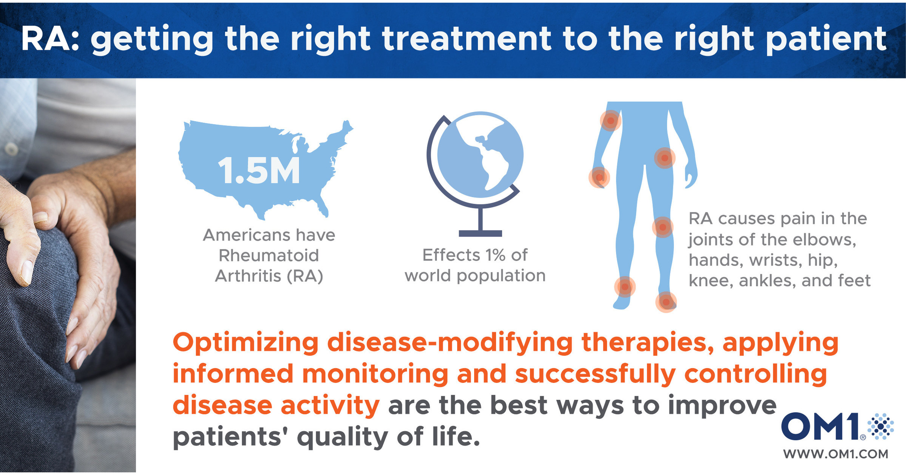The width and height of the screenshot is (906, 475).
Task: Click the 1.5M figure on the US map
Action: (259, 171)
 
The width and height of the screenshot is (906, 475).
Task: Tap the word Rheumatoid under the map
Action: (269, 255)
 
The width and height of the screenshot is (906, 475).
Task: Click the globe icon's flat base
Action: (480, 234)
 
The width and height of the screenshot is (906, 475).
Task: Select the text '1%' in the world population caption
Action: (495, 255)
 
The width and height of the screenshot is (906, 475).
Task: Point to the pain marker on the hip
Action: (665, 158)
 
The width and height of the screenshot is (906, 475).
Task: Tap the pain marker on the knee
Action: (663, 227)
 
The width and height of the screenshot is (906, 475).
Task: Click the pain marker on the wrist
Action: (599, 177)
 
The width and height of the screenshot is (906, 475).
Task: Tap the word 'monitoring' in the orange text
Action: (375, 374)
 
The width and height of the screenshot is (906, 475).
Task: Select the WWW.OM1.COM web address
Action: (835, 454)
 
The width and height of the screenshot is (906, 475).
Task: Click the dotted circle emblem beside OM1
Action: (880, 426)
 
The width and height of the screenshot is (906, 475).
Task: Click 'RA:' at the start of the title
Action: (49, 39)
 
